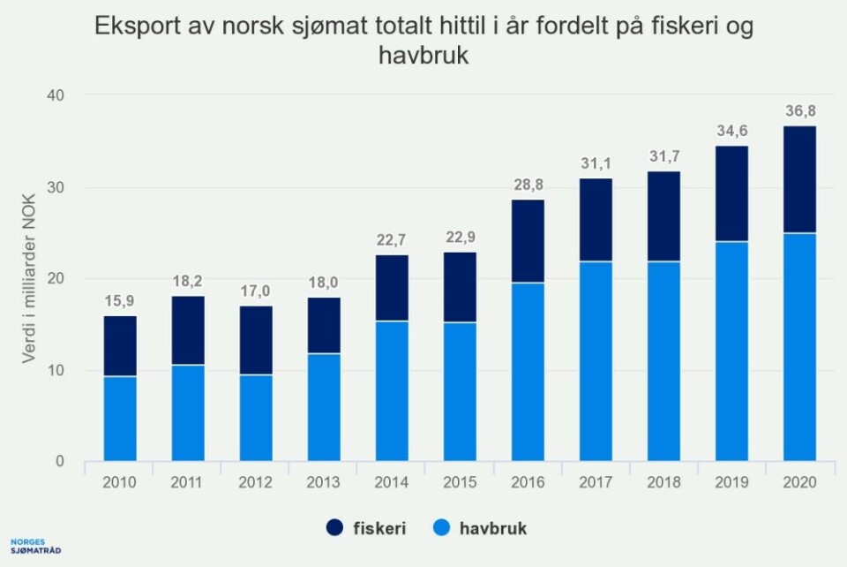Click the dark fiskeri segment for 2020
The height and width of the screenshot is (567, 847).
[x=799, y=180]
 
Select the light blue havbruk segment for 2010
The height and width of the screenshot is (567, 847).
[x=119, y=419]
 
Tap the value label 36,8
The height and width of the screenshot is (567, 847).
[x=799, y=111]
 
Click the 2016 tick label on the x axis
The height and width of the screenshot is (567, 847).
[x=527, y=484]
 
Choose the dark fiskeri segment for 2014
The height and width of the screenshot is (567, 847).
[x=391, y=288]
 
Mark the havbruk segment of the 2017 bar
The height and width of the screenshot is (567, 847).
[x=596, y=361]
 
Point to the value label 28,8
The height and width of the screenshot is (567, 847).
[x=528, y=185]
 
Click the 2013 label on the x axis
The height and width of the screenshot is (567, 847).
[x=323, y=484]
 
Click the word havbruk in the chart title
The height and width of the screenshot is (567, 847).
[x=423, y=56]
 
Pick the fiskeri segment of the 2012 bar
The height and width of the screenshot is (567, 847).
[x=255, y=341]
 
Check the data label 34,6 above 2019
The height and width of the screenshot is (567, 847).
[x=731, y=132]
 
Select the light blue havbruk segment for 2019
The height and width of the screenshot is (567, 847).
[x=731, y=352]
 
